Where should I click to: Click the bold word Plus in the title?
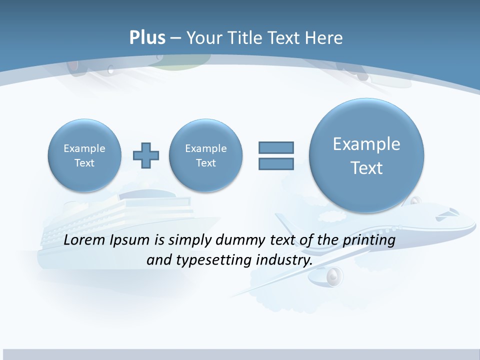pos(147,38)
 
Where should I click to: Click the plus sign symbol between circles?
pos(146,155)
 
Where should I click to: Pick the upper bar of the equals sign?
pos(276,147)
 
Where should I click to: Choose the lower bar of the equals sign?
pos(276,164)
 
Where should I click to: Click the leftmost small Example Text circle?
pos(84,155)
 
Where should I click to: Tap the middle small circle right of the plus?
pos(206,155)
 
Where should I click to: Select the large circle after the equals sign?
pos(366,155)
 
